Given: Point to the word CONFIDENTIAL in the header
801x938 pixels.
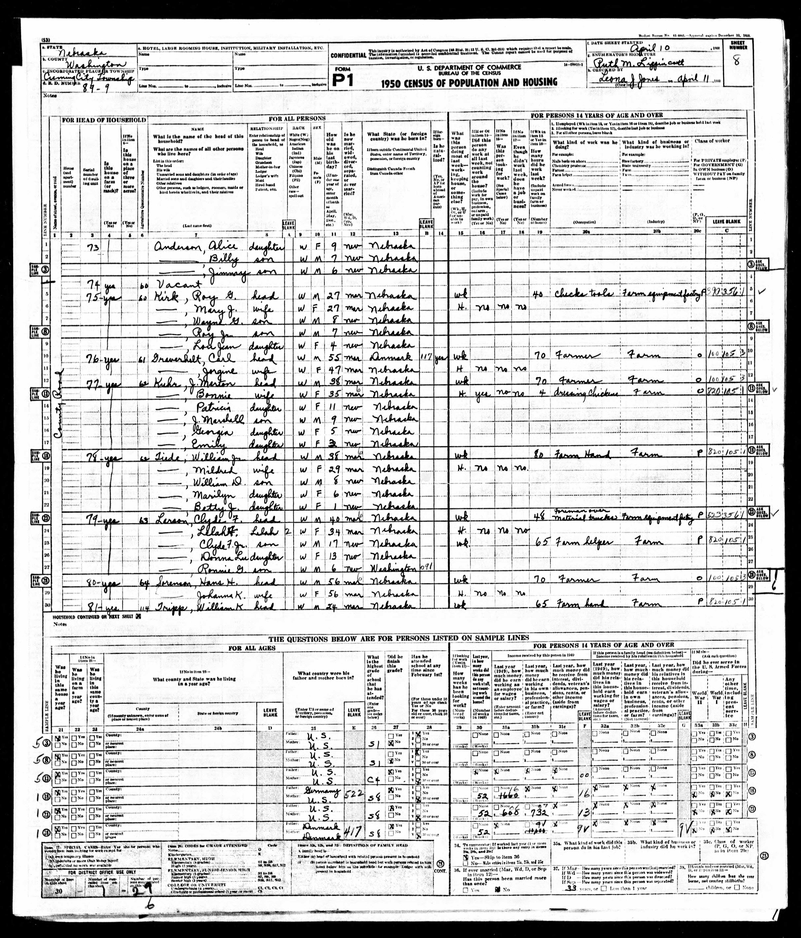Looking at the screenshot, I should pyautogui.click(x=348, y=55).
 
